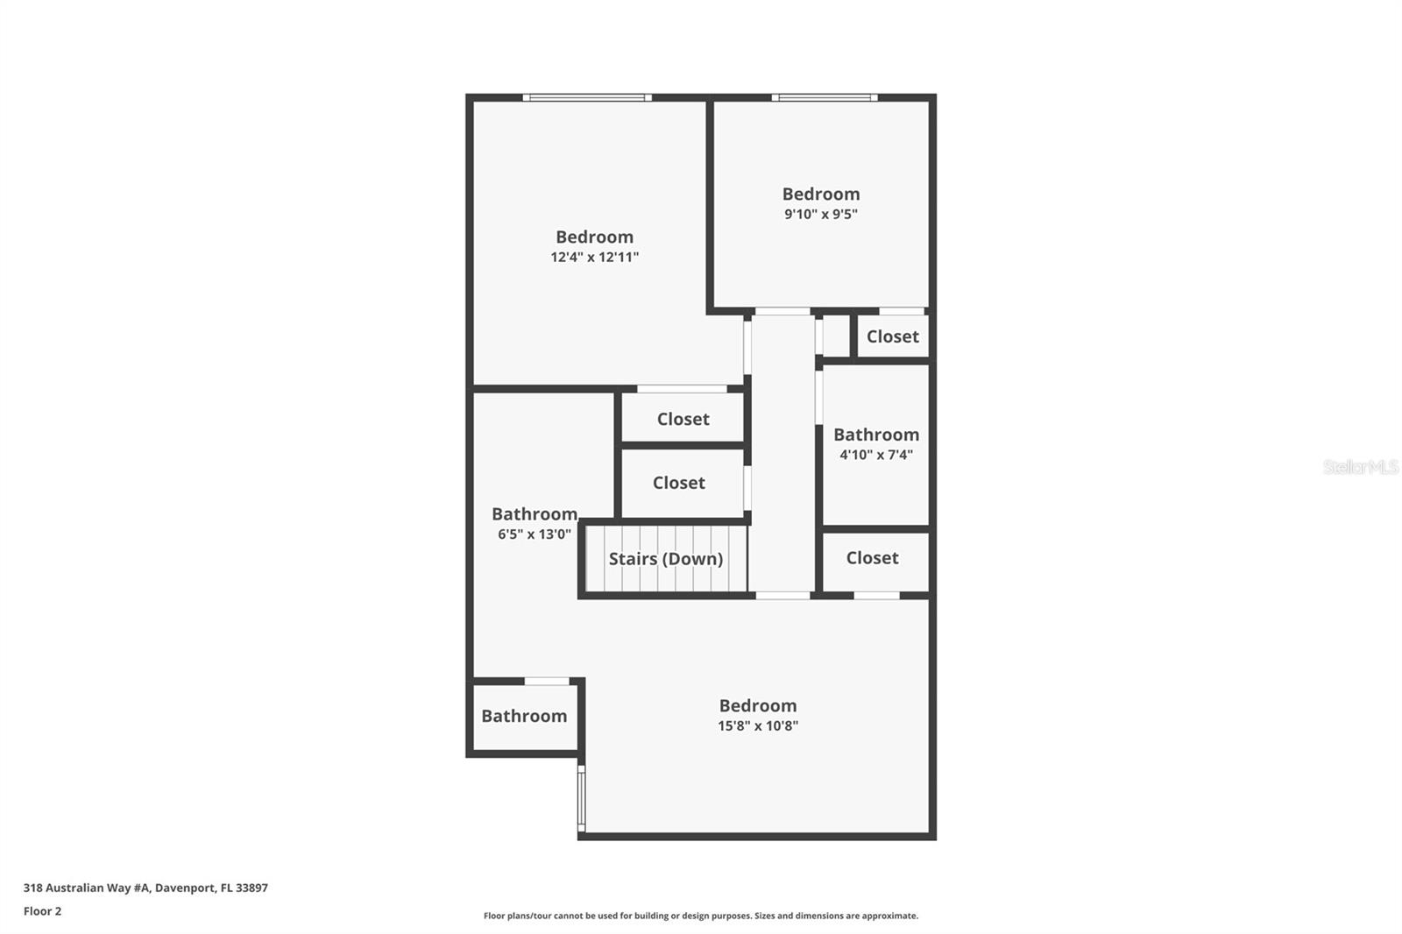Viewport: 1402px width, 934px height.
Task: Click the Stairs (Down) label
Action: (665, 559)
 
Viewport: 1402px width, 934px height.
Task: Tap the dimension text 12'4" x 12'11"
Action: (594, 258)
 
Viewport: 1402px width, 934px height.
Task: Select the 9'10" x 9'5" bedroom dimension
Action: (820, 215)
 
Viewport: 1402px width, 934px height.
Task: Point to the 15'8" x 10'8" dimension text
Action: (757, 726)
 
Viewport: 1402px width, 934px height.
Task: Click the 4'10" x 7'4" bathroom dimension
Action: (875, 455)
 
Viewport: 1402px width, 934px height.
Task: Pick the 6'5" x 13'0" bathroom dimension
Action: (534, 534)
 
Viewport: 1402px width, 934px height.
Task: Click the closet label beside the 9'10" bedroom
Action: (892, 336)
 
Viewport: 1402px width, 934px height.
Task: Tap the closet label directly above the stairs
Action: (678, 483)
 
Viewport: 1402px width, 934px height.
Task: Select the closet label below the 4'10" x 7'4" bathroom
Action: (872, 558)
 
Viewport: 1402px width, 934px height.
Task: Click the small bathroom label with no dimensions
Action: (524, 716)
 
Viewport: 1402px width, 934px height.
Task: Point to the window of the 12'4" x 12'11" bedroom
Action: (587, 97)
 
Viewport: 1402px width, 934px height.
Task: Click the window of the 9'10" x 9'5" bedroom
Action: (824, 97)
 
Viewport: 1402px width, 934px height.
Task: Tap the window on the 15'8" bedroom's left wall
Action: (581, 797)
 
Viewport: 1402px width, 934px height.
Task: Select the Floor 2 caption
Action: (42, 911)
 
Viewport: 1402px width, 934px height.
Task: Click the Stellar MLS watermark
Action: (1360, 467)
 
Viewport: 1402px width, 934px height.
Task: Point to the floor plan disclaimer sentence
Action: (700, 916)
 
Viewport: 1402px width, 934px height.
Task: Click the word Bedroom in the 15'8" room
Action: (757, 706)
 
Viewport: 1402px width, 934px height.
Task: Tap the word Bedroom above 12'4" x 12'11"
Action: (594, 237)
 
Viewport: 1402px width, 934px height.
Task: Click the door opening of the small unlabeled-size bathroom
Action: (546, 681)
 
